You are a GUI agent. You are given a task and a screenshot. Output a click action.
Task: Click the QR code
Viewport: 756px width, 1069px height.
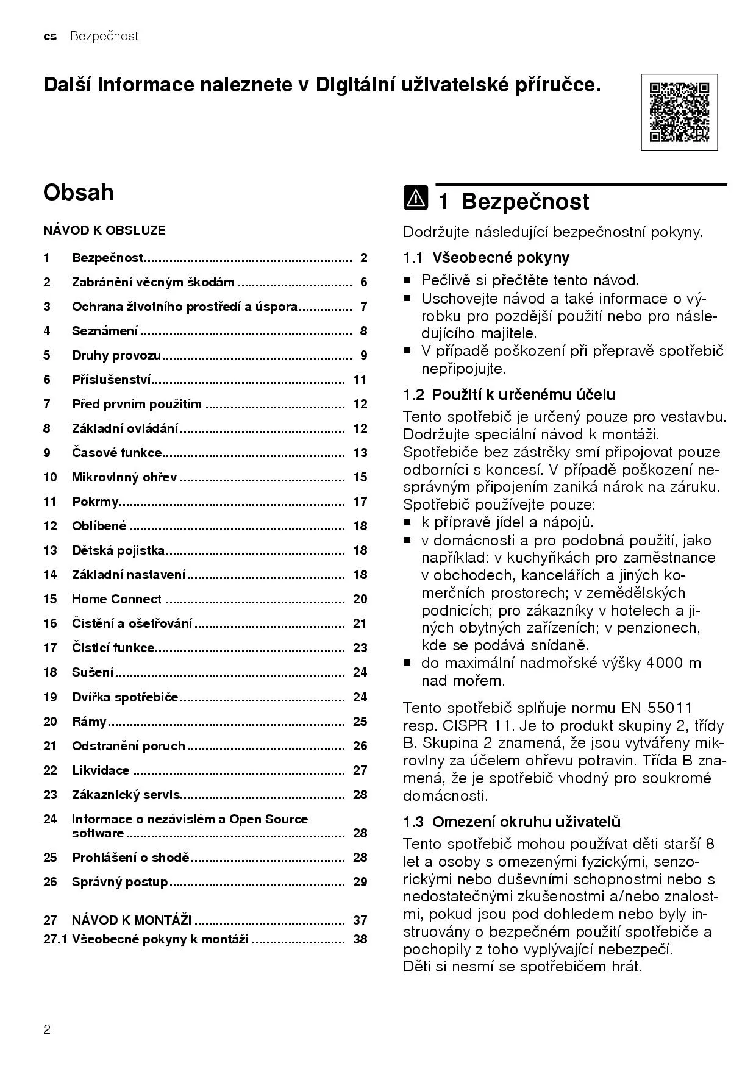coord(679,112)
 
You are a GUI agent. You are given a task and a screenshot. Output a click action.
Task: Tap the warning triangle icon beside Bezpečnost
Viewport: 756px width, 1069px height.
coord(415,199)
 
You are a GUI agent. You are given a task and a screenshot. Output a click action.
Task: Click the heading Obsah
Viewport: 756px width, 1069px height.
coord(78,193)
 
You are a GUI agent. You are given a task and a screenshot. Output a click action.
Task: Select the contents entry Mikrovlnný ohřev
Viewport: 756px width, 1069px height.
coord(124,477)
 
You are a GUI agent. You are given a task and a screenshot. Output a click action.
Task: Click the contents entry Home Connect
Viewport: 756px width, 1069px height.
coord(116,599)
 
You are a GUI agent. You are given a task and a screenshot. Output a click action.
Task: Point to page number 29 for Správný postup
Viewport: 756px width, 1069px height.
coord(360,882)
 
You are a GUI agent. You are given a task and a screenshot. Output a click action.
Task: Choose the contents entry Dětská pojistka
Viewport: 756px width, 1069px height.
coord(118,550)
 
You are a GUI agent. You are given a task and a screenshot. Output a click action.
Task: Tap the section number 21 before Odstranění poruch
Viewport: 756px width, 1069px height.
coord(50,746)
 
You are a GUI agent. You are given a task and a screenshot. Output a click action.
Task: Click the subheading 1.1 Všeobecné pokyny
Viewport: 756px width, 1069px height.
coord(486,257)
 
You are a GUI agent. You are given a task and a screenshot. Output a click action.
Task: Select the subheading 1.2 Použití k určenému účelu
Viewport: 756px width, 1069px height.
coord(509,394)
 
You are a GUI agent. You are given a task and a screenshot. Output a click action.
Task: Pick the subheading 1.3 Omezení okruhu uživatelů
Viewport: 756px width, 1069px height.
coord(512,822)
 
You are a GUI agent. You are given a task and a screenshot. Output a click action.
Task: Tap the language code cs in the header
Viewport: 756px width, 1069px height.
coord(50,37)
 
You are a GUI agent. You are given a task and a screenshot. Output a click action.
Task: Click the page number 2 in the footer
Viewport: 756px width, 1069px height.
coord(47,1030)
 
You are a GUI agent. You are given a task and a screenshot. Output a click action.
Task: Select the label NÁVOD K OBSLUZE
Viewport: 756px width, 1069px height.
coord(104,230)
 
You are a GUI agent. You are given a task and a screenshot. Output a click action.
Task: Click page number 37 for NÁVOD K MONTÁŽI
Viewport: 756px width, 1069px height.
coord(360,920)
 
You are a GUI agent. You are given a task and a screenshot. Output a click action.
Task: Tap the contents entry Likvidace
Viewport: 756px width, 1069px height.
coord(101,770)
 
